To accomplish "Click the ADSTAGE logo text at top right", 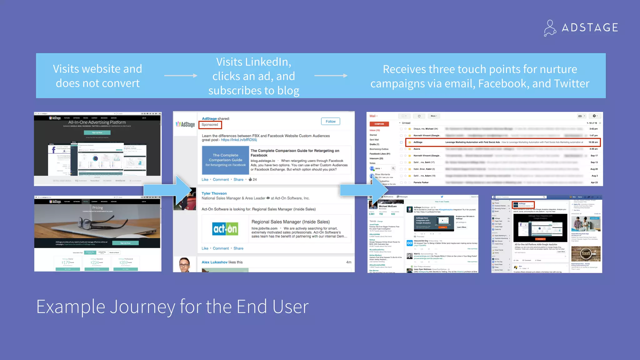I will coord(590,27).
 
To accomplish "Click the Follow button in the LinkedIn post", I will coord(330,122).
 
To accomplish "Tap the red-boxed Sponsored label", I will coord(210,125).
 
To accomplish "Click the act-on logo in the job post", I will coord(225,229).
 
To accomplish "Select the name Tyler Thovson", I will coord(214,193).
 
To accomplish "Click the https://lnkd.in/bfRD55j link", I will coord(239,140).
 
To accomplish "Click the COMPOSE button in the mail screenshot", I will coord(379,124).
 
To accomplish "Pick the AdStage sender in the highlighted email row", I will coord(418,142).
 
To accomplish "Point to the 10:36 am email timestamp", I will coord(593,142).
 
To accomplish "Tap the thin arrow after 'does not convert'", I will coord(181,76).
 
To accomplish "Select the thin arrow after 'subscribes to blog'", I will coord(331,76).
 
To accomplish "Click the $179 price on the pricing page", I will coord(67,262).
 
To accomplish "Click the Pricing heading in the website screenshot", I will coord(97,208).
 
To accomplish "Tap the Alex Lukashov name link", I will coord(214,262).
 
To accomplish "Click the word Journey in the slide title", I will coord(142,307).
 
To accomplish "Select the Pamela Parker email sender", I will coord(421,182).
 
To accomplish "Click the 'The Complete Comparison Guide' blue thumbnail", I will coord(225,160).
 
